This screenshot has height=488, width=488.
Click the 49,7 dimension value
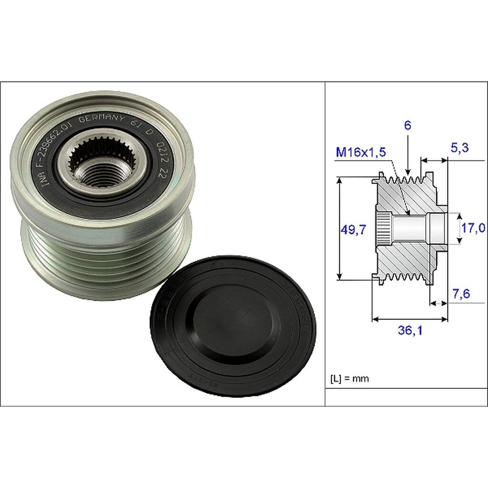353,230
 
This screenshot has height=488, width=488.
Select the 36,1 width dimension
410,330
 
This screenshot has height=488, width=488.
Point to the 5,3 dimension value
459,148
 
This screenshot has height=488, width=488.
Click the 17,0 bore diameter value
473,229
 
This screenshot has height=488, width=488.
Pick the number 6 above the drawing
408,126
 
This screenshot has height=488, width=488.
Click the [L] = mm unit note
350,379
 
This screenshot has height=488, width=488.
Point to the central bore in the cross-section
410,228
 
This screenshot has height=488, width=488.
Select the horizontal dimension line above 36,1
410,319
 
